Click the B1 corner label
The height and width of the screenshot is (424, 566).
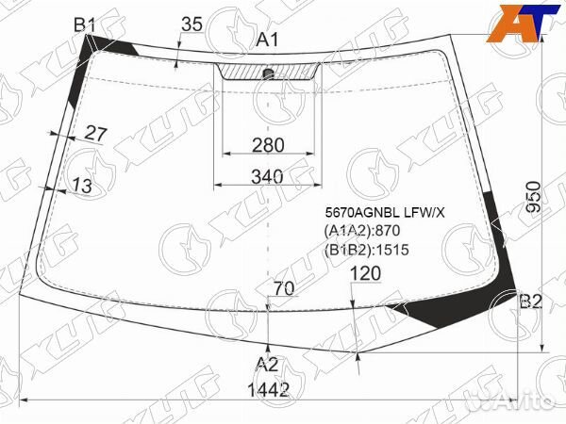tap(85, 25)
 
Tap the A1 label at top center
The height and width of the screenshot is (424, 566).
tap(268, 40)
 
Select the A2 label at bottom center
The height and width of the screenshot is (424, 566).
tap(267, 365)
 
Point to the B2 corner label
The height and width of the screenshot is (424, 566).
tap(530, 302)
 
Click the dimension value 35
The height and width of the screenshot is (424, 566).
tap(191, 24)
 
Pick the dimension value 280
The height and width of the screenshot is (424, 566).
tap(268, 145)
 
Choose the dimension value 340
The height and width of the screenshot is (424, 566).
tap(268, 177)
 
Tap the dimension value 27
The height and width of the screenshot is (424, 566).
tap(95, 134)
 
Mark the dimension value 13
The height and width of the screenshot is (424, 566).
tap(82, 186)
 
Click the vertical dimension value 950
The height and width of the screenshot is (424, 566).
tap(533, 197)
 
